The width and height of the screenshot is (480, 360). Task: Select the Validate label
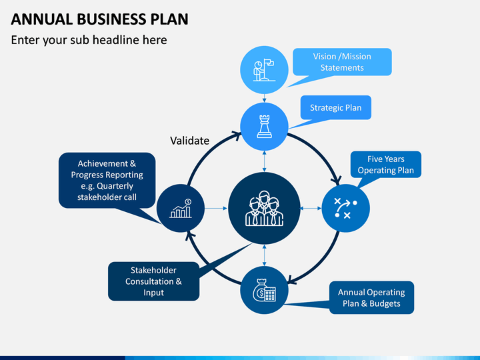coord(189,141)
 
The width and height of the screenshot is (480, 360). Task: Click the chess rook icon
coord(264,127)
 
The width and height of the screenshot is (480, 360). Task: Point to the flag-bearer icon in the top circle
coord(264,70)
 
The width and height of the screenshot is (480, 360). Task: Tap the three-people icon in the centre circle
coord(264,208)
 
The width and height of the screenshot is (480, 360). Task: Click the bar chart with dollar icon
coord(181,209)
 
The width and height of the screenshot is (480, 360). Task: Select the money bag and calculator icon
coord(264,290)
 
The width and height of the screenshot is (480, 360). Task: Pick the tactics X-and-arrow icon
coord(345,208)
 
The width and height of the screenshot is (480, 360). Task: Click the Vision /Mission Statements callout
coord(342,62)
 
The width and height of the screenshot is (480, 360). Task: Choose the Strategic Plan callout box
coord(336,107)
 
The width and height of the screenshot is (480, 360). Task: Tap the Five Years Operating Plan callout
coord(386,165)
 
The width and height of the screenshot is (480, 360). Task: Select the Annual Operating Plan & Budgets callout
coord(371,297)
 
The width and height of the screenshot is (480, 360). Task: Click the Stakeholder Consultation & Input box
coord(154,281)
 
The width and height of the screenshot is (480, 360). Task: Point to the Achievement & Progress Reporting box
coord(107,180)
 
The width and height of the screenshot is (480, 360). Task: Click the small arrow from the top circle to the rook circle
coord(264,98)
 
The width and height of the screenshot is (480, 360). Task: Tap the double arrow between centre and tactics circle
coord(311,208)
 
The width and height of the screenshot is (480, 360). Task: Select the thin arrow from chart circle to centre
coord(216,208)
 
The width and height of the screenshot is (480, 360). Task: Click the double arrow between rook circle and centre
coord(264,161)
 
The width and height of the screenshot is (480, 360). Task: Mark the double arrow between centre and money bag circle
coord(264,255)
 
